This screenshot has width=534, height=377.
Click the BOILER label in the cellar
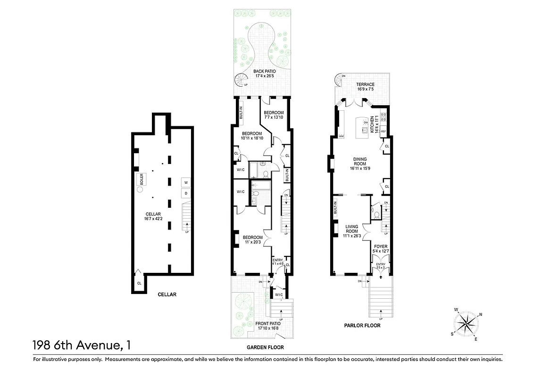pos(140,179)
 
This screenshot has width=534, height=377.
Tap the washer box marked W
pos(186,182)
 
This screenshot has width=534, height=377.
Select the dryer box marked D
pos(186,193)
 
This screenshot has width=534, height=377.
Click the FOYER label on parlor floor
pos(380,249)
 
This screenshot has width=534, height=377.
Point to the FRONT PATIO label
pos(267,326)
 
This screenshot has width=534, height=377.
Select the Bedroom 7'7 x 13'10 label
pos(274,115)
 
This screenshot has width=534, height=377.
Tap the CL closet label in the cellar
pos(139,283)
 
